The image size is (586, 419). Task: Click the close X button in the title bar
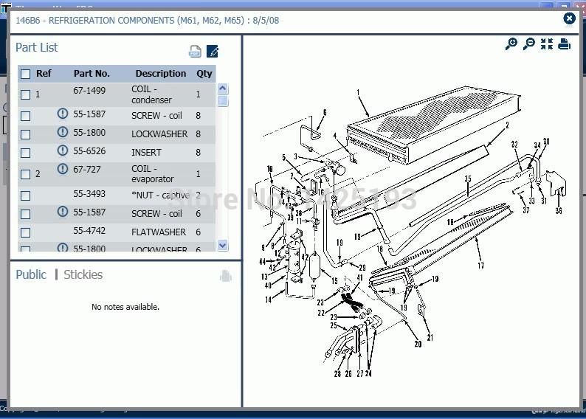click(x=569, y=19)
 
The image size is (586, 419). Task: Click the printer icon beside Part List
click(x=195, y=51)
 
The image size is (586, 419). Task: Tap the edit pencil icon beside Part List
click(x=213, y=51)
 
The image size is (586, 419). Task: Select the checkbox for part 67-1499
click(x=26, y=94)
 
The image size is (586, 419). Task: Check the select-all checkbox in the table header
click(x=26, y=74)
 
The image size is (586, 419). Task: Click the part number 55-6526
click(x=89, y=151)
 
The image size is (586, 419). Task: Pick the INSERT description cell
click(x=146, y=152)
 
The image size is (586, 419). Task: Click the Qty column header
click(x=204, y=74)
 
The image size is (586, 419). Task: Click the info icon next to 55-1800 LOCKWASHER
click(x=63, y=133)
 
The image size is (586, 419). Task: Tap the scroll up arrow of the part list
click(x=222, y=89)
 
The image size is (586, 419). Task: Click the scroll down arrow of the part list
click(x=222, y=246)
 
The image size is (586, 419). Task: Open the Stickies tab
click(x=83, y=274)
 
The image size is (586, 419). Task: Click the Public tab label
click(x=31, y=274)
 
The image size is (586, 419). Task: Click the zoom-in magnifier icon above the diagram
click(x=511, y=44)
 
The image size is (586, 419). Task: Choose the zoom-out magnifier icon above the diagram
click(x=528, y=44)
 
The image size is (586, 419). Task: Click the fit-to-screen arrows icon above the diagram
click(x=546, y=44)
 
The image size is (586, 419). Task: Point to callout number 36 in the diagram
click(x=559, y=210)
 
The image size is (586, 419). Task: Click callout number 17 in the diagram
click(x=480, y=266)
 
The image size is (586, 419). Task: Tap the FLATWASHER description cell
click(x=159, y=232)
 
